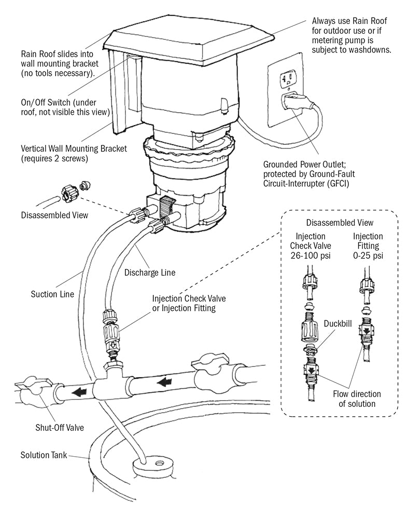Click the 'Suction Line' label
point(51,294)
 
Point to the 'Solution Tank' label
point(45,455)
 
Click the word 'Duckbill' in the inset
point(337,323)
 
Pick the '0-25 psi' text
point(368,256)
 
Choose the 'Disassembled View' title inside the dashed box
point(340,223)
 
